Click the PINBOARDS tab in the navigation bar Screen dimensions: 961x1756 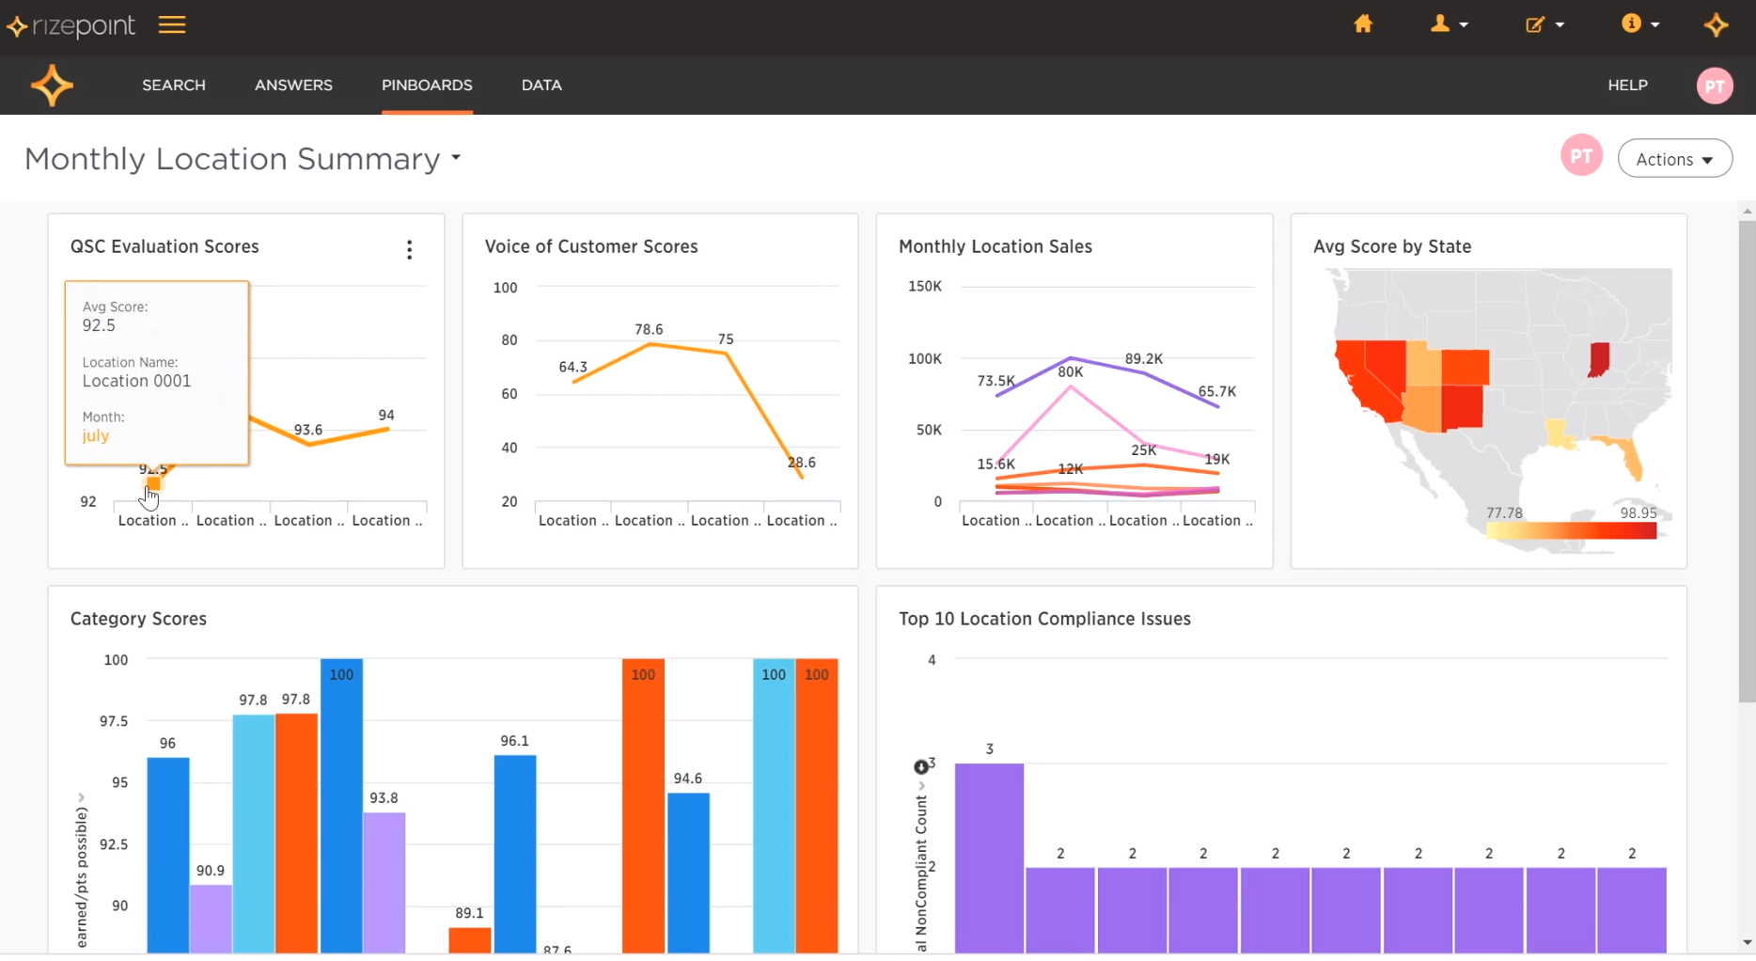(x=427, y=85)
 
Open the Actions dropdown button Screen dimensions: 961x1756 (x=1674, y=159)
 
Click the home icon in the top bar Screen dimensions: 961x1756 (x=1363, y=24)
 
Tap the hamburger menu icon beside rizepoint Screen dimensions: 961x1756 (x=172, y=25)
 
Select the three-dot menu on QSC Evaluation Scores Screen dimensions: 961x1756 (x=409, y=249)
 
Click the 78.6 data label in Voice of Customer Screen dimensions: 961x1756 (x=649, y=329)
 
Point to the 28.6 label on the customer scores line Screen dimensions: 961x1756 (x=802, y=462)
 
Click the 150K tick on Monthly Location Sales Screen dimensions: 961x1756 (x=925, y=286)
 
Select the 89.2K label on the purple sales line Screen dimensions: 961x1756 (x=1144, y=358)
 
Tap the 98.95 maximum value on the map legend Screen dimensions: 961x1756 (x=1638, y=512)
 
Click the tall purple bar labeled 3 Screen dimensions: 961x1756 (x=989, y=856)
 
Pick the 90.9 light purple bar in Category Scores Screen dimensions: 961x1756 (x=211, y=917)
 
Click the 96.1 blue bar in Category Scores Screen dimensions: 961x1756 (x=515, y=851)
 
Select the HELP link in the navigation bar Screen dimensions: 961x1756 (x=1627, y=85)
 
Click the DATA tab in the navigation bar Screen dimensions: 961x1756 (x=541, y=85)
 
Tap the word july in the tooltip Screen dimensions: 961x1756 (x=96, y=435)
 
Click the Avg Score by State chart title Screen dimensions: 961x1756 (x=1392, y=246)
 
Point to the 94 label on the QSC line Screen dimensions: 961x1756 (x=386, y=415)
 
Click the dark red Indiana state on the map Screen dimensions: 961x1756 (x=1598, y=359)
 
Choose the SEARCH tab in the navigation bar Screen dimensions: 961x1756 (x=174, y=85)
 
